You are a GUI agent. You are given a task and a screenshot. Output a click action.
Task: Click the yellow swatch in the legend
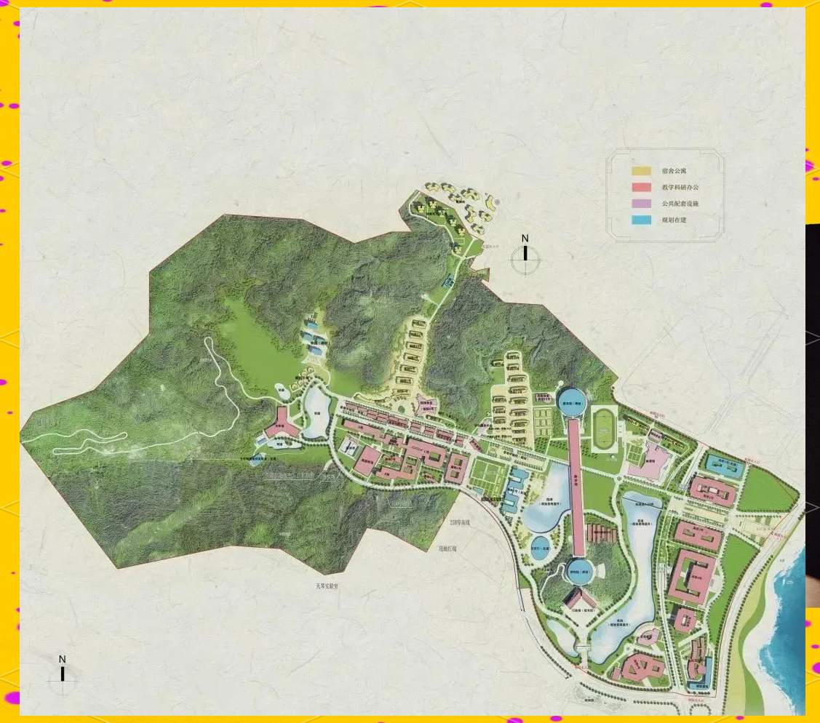641,171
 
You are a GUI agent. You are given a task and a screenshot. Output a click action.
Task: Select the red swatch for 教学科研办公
641,187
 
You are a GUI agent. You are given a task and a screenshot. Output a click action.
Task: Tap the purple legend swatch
641,203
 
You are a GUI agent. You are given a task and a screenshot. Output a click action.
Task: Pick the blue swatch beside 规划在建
641,219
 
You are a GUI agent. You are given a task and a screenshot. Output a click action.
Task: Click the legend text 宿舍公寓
674,171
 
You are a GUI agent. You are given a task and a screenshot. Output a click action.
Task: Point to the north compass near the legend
525,255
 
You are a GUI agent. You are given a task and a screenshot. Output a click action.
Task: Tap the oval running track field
603,429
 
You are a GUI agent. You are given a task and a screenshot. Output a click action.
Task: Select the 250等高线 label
461,523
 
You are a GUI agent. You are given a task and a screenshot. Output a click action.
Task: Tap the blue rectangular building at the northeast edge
724,466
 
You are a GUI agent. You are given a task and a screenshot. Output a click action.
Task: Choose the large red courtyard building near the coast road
691,578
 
